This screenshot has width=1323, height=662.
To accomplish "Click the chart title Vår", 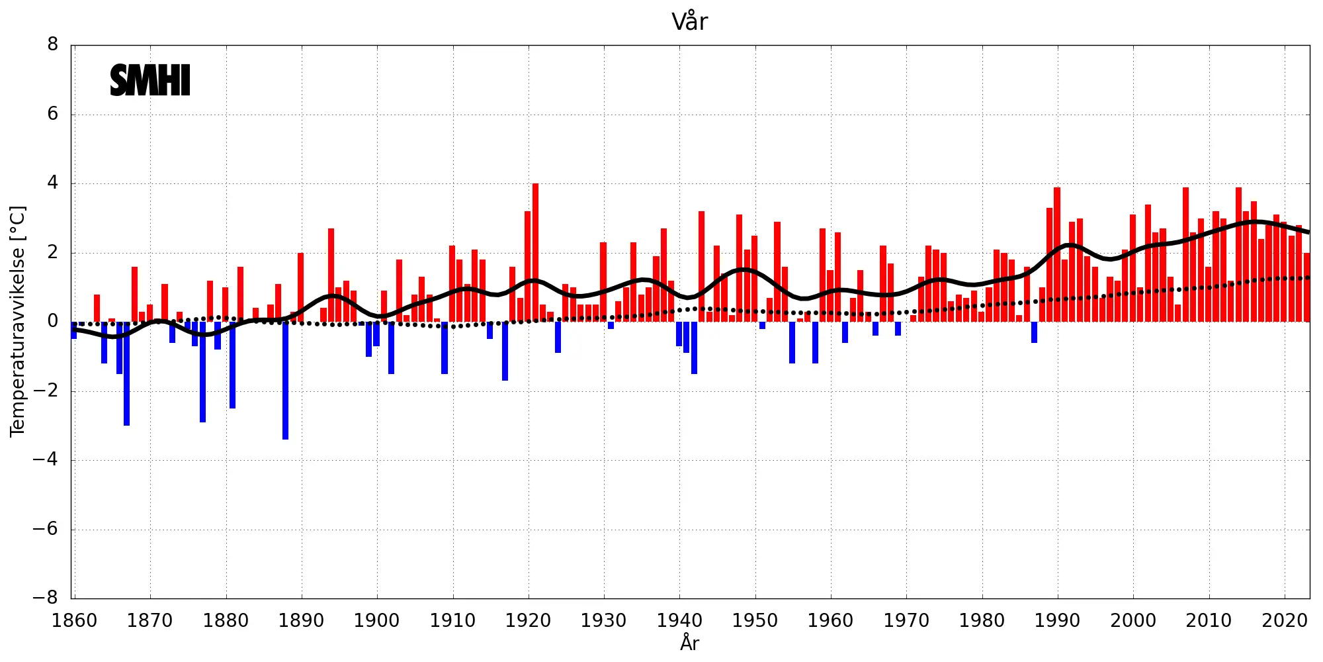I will point(689,22).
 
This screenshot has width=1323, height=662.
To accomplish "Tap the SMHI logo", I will point(150,81).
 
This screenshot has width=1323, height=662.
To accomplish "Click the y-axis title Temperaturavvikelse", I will point(18,321).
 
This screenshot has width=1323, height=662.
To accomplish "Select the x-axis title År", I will point(689,643).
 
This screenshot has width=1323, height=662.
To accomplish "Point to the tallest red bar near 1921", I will point(535,252).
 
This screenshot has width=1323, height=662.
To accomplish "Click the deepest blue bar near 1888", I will point(285,381).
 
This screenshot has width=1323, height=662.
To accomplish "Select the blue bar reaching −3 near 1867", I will point(126,374).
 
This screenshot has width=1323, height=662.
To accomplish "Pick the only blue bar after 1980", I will point(1034,332).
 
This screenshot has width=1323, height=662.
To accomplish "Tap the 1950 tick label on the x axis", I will point(755,621).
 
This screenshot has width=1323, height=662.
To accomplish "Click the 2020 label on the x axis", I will point(1284,621).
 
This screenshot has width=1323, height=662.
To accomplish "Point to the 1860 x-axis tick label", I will point(74,621).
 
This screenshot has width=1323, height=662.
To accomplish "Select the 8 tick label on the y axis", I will point(53,45).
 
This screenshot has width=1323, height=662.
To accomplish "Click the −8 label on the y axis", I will point(46,598).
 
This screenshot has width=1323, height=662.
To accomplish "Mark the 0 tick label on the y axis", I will point(53,322).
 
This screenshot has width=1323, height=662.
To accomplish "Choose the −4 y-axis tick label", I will point(46,459).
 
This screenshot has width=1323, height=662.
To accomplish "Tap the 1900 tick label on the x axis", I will point(377,621).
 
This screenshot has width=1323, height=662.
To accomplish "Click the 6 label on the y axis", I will point(53,114).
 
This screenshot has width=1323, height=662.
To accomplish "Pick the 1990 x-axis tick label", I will point(1057,621).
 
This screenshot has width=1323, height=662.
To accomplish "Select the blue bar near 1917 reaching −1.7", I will point(505,351).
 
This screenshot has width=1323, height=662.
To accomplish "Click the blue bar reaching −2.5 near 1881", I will point(232,365).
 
